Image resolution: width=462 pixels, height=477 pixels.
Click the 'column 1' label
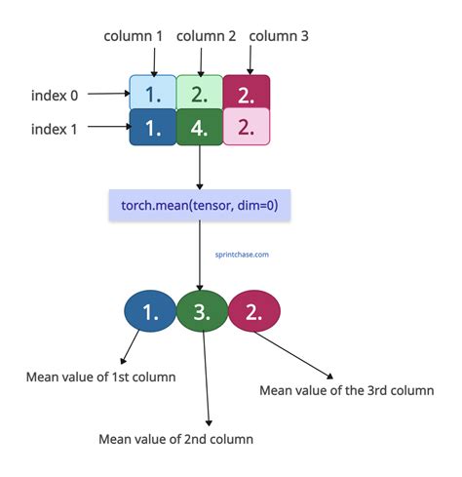pyautogui.click(x=133, y=36)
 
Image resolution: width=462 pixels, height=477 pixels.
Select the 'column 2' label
pyautogui.click(x=206, y=36)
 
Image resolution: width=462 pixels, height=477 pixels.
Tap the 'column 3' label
pyautogui.click(x=279, y=36)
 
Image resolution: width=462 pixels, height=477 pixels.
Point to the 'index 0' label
pyautogui.click(x=55, y=96)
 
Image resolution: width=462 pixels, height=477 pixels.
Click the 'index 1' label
pyautogui.click(x=54, y=129)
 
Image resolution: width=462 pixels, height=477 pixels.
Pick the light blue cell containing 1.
pyautogui.click(x=153, y=93)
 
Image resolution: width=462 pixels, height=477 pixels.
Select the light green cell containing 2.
pyautogui.click(x=200, y=93)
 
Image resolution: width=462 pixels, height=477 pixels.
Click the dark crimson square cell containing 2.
pyautogui.click(x=247, y=93)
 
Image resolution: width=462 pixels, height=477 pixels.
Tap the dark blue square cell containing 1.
pyautogui.click(x=153, y=127)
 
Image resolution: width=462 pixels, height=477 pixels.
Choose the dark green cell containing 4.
pyautogui.click(x=200, y=127)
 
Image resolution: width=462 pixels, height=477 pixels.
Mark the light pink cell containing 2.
pyautogui.click(x=247, y=127)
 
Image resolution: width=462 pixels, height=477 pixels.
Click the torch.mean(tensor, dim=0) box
pyautogui.click(x=200, y=205)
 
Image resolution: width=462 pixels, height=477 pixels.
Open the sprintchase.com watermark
pyautogui.click(x=242, y=255)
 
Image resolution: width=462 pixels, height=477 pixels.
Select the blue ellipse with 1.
pyautogui.click(x=150, y=311)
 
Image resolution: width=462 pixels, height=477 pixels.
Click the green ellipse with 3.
pyautogui.click(x=202, y=311)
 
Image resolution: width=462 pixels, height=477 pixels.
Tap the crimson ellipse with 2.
pyautogui.click(x=254, y=311)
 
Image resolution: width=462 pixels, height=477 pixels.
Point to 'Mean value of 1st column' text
pyautogui.click(x=100, y=378)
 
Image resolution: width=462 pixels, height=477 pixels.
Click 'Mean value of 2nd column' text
pyautogui.click(x=175, y=439)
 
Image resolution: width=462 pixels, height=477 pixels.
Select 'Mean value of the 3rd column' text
pyautogui.click(x=347, y=390)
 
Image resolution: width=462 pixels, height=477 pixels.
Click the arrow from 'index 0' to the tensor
pyautogui.click(x=109, y=94)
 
